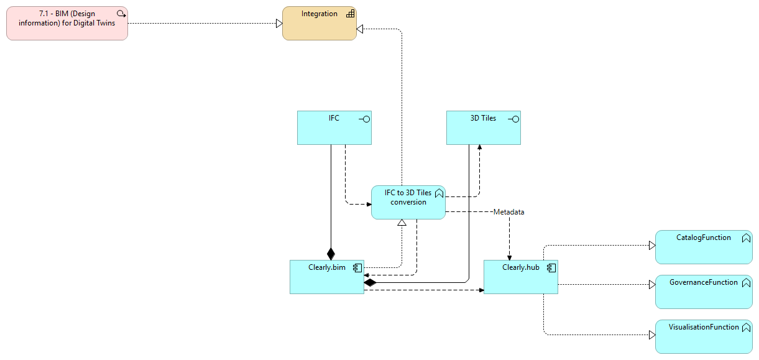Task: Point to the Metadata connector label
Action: pyautogui.click(x=508, y=212)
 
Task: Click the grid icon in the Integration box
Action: pyautogui.click(x=350, y=13)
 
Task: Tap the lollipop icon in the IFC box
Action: pyautogui.click(x=364, y=119)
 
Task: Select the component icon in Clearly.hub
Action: pyautogui.click(x=551, y=268)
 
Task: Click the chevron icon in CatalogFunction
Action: pyautogui.click(x=745, y=238)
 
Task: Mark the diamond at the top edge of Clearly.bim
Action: pyautogui.click(x=331, y=254)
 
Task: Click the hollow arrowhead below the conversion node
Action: pyautogui.click(x=402, y=223)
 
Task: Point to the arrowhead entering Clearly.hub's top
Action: pyautogui.click(x=510, y=257)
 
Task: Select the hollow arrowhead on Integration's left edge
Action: pyautogui.click(x=279, y=24)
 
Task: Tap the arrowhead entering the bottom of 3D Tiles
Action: pyautogui.click(x=479, y=147)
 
